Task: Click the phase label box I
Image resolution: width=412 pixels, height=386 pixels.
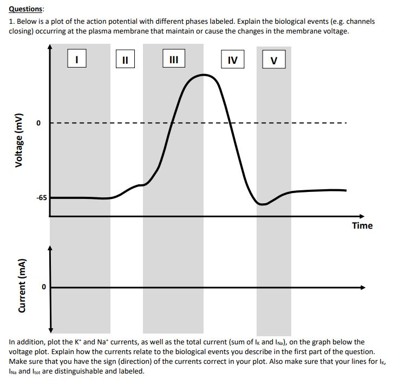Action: [x=77, y=59]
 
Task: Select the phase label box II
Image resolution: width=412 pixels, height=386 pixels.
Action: [x=125, y=59]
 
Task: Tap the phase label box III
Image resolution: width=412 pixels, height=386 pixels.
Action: [x=174, y=58]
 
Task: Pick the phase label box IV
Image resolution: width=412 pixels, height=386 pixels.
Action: [x=232, y=59]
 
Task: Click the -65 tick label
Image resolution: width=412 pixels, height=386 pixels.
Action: [x=42, y=198]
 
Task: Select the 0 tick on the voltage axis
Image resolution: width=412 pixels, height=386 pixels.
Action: [x=38, y=123]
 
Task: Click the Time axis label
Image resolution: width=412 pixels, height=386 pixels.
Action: [x=362, y=225]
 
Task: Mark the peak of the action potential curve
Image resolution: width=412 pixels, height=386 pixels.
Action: [x=204, y=75]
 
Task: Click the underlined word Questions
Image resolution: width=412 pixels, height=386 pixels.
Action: [x=27, y=10]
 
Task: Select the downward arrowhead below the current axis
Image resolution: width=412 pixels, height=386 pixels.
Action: [x=50, y=329]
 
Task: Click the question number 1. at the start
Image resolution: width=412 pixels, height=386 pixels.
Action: [x=11, y=22]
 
